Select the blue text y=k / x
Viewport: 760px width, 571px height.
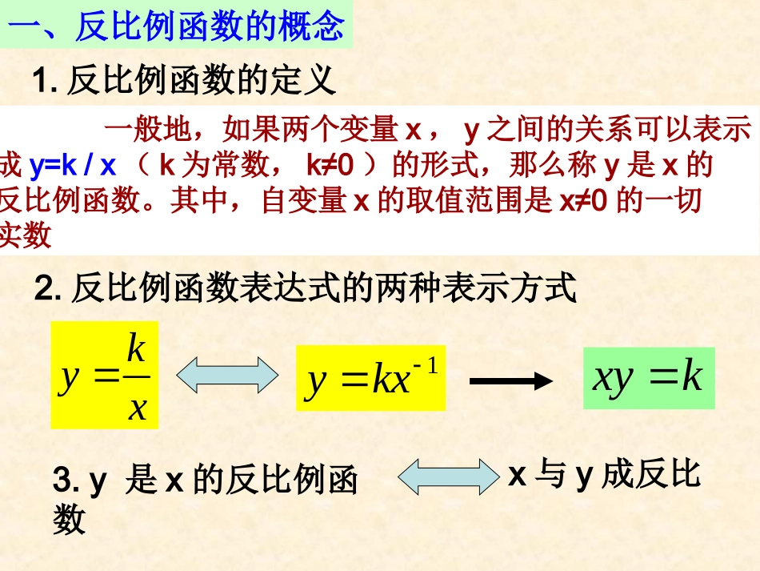point(73,166)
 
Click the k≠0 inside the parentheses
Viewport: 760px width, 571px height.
point(330,166)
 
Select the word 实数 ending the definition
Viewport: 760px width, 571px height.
point(26,235)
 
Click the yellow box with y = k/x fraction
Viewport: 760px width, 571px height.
point(105,375)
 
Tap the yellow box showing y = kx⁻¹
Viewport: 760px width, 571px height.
point(370,379)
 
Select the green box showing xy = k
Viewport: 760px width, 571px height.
point(648,377)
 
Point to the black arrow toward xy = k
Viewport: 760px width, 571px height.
point(512,380)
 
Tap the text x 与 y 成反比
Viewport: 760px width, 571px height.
point(604,476)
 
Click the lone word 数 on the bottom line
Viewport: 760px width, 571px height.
point(69,521)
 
